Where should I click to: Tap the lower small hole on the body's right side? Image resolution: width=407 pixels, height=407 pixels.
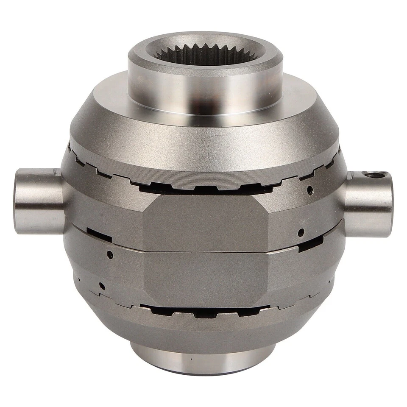click(301, 232)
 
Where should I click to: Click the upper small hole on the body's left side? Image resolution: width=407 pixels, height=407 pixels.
click(110, 254)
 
